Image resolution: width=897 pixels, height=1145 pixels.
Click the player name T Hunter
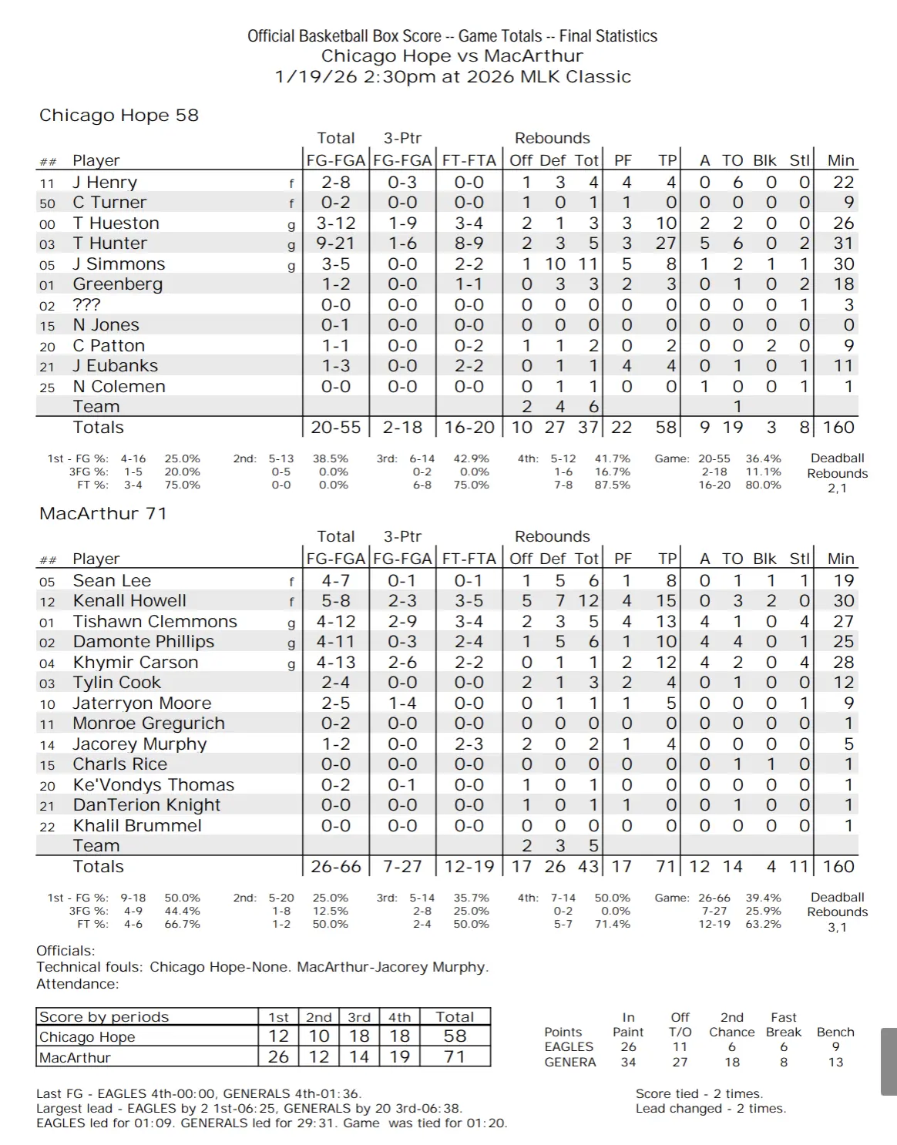tap(109, 243)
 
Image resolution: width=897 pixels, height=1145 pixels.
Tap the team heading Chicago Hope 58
tap(119, 116)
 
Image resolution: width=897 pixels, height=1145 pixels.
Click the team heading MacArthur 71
tap(102, 514)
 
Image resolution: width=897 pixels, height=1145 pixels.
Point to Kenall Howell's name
tap(129, 601)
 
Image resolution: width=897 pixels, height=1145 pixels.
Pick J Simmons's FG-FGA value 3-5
tap(336, 264)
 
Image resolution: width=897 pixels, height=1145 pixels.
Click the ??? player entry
tap(86, 305)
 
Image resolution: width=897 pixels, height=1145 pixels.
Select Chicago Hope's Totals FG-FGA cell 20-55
tap(336, 428)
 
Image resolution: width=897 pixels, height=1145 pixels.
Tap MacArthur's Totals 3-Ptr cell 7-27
tap(402, 867)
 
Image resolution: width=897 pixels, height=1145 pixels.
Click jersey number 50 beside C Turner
tap(47, 203)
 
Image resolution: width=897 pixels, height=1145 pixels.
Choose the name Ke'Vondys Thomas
tap(153, 785)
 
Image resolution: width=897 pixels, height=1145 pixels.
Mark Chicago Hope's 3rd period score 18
tap(359, 1036)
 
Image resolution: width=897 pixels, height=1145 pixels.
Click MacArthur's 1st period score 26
tap(278, 1057)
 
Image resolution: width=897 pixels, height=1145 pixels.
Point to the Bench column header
tap(835, 1033)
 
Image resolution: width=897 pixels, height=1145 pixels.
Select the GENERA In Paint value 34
tap(628, 1063)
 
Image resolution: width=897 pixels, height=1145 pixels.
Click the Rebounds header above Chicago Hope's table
tap(552, 139)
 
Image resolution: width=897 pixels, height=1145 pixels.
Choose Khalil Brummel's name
tap(137, 826)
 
